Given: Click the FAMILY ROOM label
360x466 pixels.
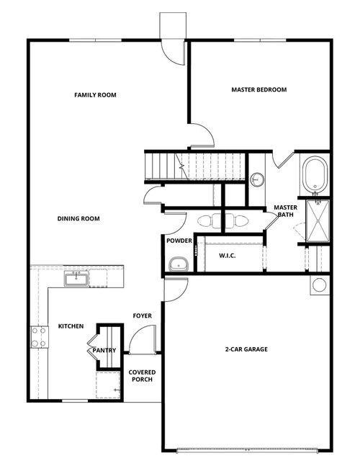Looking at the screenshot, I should tap(95, 95).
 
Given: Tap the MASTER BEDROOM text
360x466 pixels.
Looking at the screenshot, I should tap(258, 90).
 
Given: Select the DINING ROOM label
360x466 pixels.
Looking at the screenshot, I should tap(79, 218).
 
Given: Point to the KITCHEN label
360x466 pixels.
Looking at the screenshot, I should tap(71, 326).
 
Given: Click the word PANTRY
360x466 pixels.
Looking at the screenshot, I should tap(104, 351).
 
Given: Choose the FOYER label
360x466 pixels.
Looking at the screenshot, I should tap(141, 316).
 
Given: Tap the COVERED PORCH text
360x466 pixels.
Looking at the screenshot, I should tap(141, 376).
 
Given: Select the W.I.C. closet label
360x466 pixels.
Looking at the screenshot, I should tap(228, 255).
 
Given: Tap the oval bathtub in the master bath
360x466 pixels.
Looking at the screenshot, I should tap(315, 175).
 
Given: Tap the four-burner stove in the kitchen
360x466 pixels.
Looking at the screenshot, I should tap(37, 337).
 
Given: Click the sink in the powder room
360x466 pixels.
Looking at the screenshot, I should tap(177, 265).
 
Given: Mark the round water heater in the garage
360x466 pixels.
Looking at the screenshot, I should tap(318, 284).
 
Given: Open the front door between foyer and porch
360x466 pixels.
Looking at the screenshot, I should tap(143, 339).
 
